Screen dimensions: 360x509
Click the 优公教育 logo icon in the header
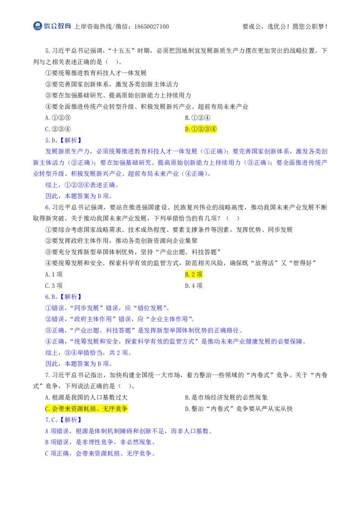click(x=38, y=26)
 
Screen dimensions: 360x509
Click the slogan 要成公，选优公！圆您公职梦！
click(x=285, y=27)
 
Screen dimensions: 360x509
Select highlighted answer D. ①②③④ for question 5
click(x=201, y=129)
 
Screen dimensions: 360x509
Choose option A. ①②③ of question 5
click(x=58, y=118)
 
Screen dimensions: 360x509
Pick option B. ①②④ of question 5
click(x=198, y=118)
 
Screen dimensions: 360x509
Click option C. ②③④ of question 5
click(x=58, y=129)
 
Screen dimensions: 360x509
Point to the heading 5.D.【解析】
click(x=63, y=140)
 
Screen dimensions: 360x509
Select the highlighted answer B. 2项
click(x=193, y=275)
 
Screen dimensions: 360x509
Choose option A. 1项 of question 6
click(x=54, y=275)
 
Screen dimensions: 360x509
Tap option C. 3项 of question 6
click(x=54, y=286)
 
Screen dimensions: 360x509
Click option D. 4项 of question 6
click(x=193, y=286)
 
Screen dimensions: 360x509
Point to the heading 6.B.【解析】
click(x=63, y=297)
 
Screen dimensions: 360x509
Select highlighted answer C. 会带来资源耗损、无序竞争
click(x=86, y=409)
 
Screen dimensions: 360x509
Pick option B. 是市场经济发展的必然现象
click(x=226, y=397)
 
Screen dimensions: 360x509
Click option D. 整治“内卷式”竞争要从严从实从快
click(x=239, y=409)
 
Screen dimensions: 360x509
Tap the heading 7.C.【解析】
click(x=63, y=420)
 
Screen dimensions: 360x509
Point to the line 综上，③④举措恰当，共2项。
click(x=88, y=353)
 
